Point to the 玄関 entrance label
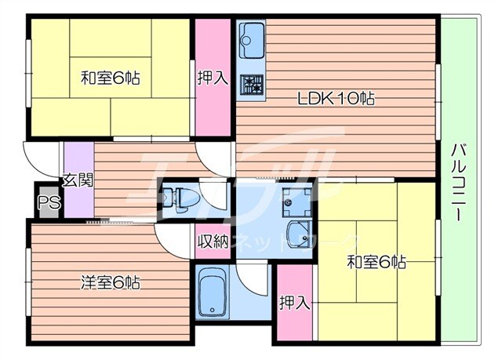[x=78, y=180]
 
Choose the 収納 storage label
[x=212, y=241]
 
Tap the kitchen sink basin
[x=251, y=35]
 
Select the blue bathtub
[x=212, y=294]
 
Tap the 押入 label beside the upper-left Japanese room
[x=212, y=78]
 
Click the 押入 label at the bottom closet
[x=294, y=303]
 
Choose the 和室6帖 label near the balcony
[x=377, y=262]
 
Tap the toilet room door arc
[x=212, y=192]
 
